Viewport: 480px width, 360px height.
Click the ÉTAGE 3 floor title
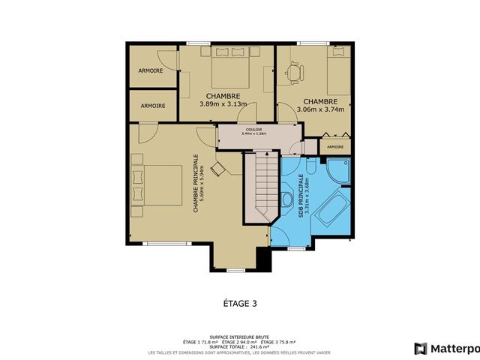(x=240, y=304)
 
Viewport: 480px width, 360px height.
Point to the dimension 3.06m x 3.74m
(x=320, y=109)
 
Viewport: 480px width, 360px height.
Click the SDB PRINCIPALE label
(x=303, y=196)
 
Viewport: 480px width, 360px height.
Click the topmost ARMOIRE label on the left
(x=152, y=70)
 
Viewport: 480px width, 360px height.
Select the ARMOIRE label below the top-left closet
(x=152, y=106)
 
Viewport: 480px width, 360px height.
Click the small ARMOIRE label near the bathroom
(x=335, y=147)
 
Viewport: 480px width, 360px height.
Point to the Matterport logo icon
(x=421, y=349)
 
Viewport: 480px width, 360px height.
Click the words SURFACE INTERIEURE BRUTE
(x=240, y=336)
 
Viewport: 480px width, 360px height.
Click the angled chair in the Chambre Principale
(x=217, y=168)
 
